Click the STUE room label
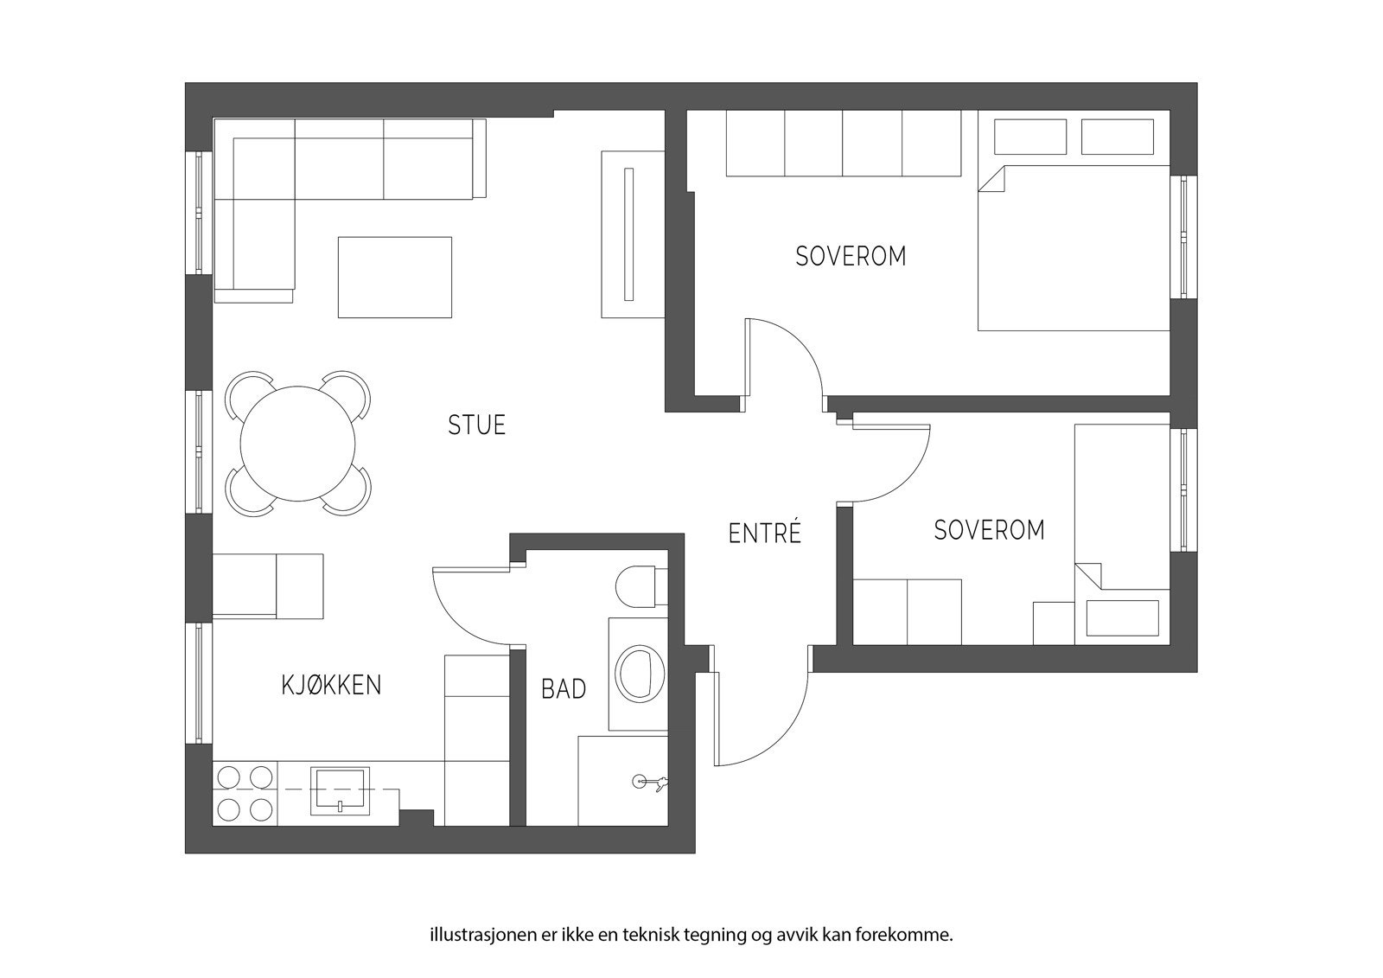(476, 425)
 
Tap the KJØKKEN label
(332, 685)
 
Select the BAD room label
(564, 689)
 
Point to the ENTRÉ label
(765, 534)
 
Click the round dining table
(297, 444)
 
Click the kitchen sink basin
(341, 791)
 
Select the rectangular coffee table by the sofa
(394, 278)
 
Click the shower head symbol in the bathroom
(650, 783)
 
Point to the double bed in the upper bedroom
(1074, 247)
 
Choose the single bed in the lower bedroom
(1123, 534)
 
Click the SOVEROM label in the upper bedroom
(851, 257)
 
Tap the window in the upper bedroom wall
(1184, 237)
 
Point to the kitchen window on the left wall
(199, 682)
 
